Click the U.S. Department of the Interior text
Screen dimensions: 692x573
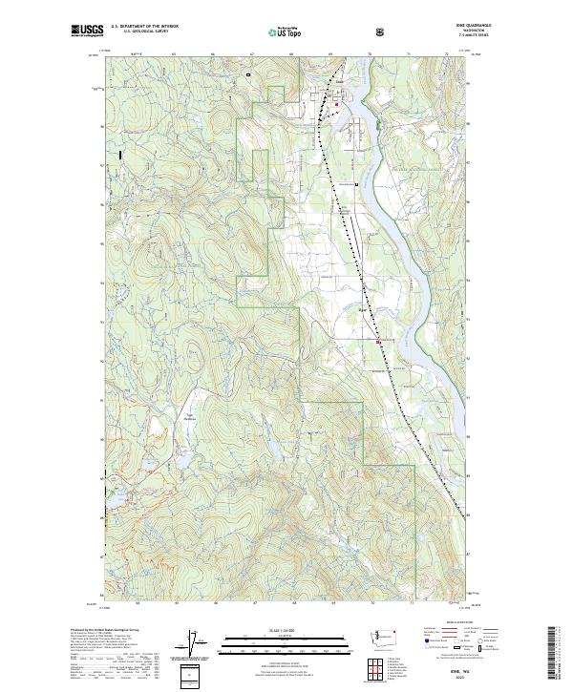[144, 26]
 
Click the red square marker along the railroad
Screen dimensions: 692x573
[379, 341]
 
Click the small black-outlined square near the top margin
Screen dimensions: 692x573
[247, 73]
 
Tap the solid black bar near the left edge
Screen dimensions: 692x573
[119, 153]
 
